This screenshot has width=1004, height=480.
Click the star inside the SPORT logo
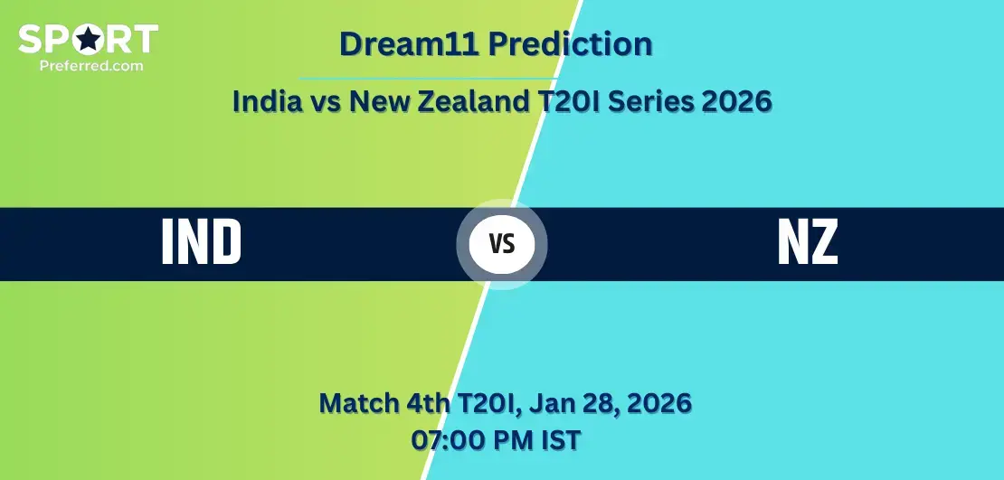coord(89,40)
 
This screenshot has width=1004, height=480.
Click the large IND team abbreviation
coord(201,243)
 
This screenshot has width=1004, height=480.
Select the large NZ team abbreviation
coord(808,243)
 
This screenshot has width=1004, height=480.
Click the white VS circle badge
coord(501,244)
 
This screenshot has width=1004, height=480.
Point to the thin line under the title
coord(425,79)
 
